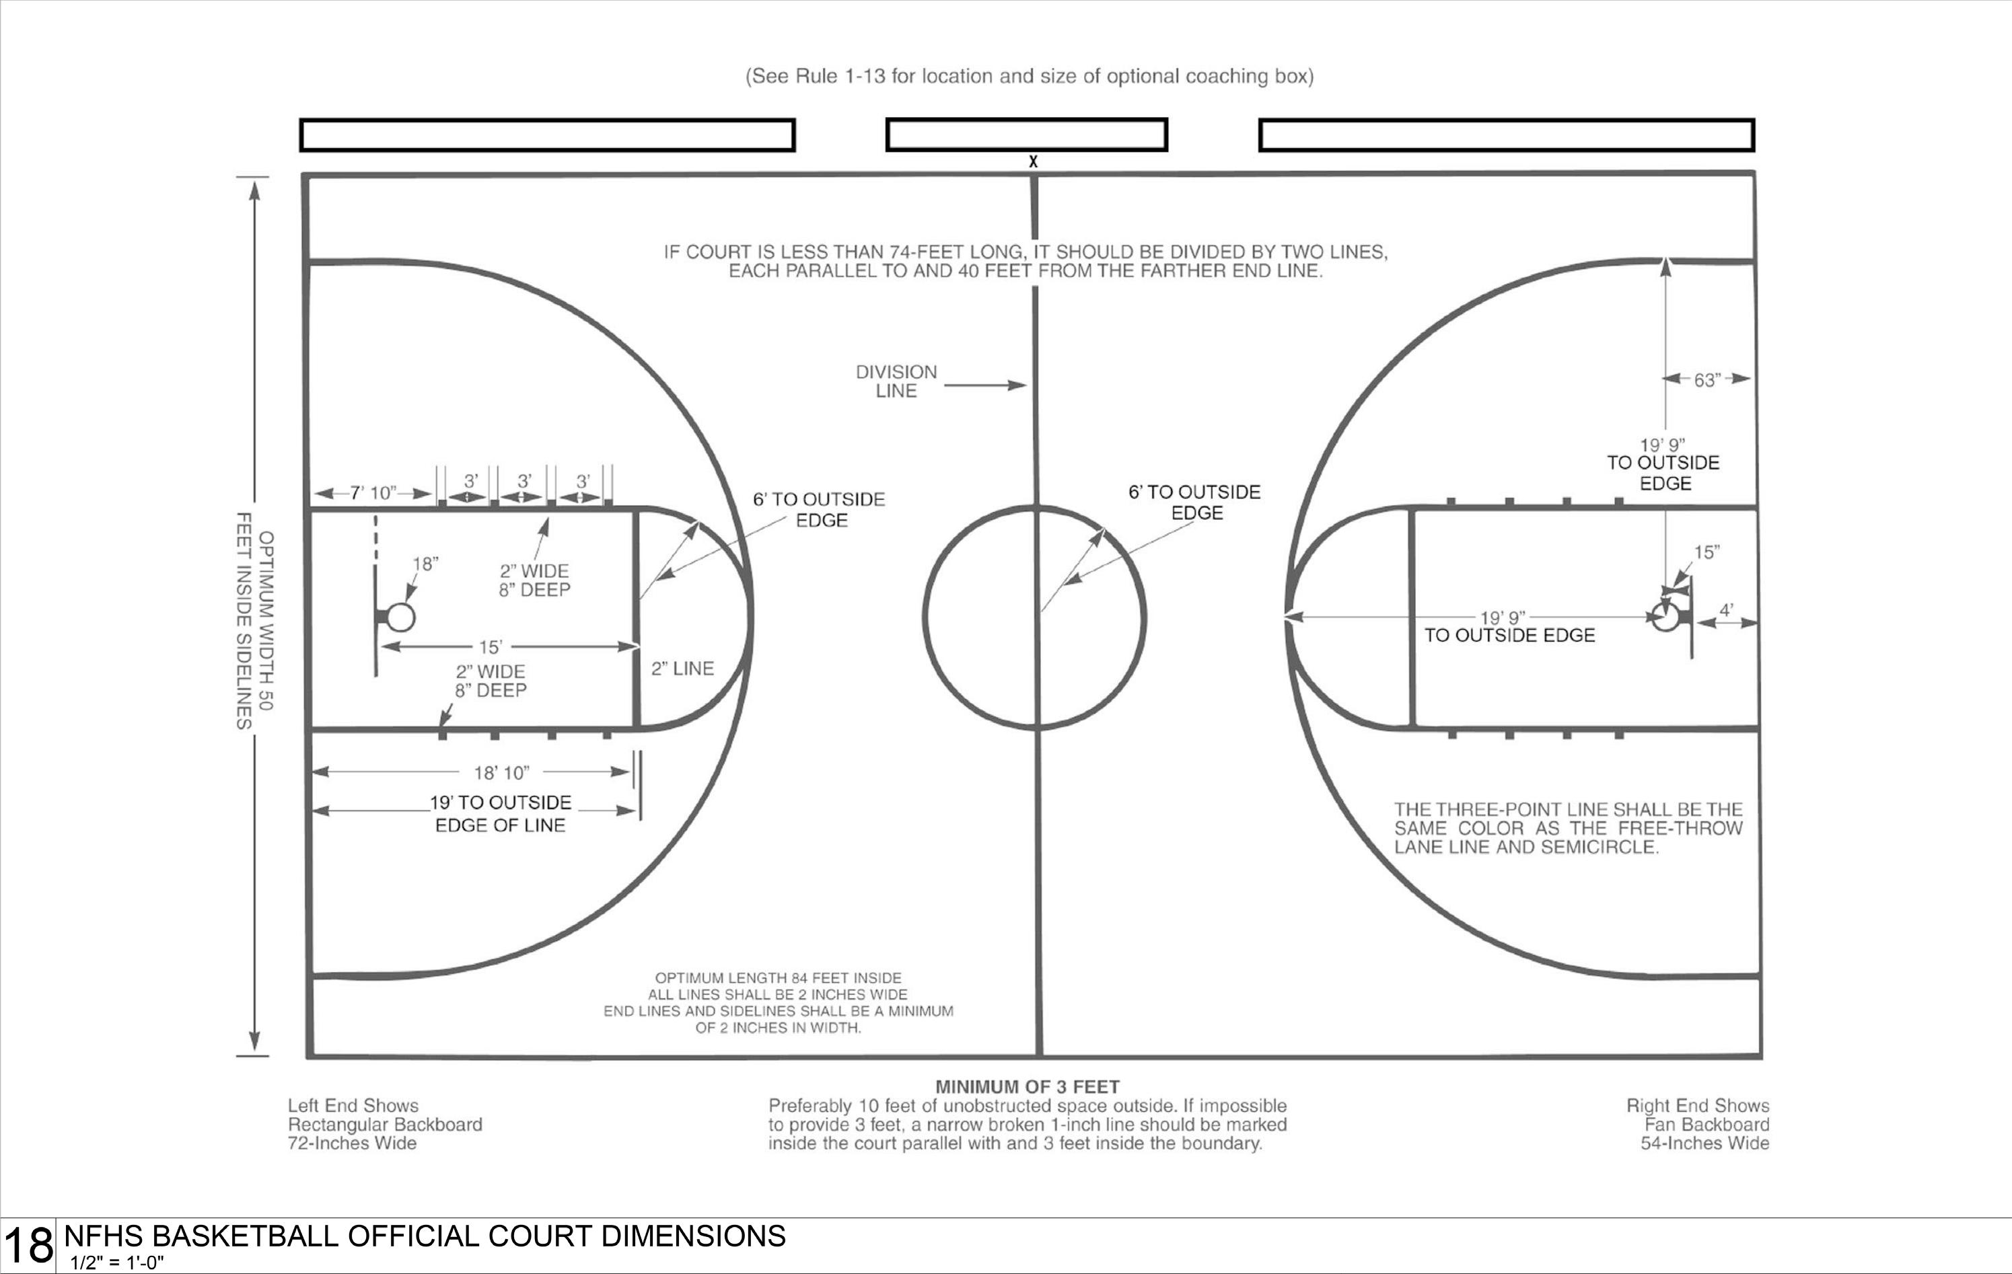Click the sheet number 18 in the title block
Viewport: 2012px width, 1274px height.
(x=28, y=1246)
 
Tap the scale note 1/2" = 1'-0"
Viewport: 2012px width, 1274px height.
(x=117, y=1263)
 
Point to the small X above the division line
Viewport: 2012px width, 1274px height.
(x=1034, y=161)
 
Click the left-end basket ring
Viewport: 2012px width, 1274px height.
(x=401, y=617)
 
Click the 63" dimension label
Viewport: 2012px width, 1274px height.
(x=1707, y=380)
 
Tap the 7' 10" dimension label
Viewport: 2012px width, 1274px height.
(x=372, y=493)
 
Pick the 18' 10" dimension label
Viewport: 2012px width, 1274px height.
(x=501, y=773)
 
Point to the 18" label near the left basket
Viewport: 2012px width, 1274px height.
(x=425, y=564)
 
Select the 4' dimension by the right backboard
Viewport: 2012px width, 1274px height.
(x=1726, y=610)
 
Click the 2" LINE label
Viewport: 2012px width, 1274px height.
(x=682, y=669)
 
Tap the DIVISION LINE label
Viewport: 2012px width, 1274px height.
(x=896, y=381)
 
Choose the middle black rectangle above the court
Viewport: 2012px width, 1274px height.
(x=1026, y=135)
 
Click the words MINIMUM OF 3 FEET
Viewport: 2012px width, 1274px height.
(x=1027, y=1087)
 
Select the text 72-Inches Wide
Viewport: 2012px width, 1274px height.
(x=352, y=1143)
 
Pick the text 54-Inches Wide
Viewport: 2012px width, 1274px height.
(x=1704, y=1143)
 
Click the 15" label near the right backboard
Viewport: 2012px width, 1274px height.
(x=1707, y=552)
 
